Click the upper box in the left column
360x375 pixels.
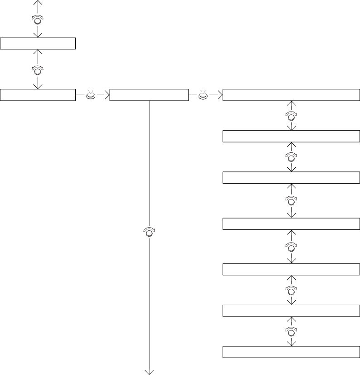point(38,44)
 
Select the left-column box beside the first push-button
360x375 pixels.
point(38,95)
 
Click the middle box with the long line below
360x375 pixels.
point(149,95)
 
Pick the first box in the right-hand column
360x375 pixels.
point(291,95)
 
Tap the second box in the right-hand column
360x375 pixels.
point(291,136)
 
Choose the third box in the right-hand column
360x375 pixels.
point(291,178)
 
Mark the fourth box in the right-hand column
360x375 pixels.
point(291,224)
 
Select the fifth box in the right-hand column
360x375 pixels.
point(291,269)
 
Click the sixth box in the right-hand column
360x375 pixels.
point(291,311)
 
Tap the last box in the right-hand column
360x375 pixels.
point(291,352)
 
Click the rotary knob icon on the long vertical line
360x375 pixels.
point(149,232)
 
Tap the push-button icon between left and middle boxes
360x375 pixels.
point(91,95)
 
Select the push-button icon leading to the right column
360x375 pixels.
point(203,95)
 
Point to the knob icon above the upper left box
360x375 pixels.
point(37,19)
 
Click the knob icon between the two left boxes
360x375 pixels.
point(37,69)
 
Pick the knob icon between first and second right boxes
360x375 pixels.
point(292,115)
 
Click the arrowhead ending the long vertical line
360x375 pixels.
point(149,372)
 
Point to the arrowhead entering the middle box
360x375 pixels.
point(107,95)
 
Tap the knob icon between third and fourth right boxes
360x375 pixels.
point(292,200)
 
